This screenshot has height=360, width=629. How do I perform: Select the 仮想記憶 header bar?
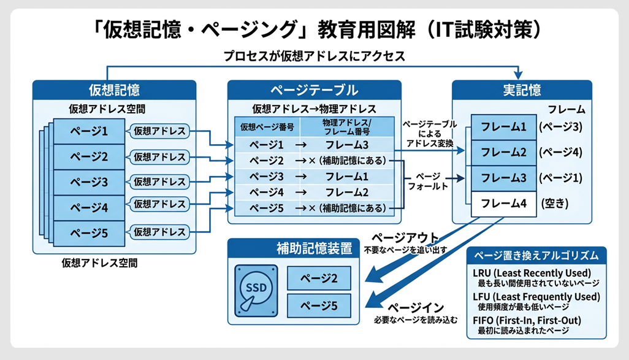(x=114, y=91)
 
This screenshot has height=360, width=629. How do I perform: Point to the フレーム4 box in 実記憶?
(x=499, y=203)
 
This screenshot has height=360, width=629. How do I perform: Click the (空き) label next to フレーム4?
(x=557, y=203)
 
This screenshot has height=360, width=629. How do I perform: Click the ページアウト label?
(x=405, y=238)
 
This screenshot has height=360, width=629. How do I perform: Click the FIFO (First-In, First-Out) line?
(x=527, y=320)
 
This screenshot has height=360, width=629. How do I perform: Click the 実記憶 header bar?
(x=521, y=91)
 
